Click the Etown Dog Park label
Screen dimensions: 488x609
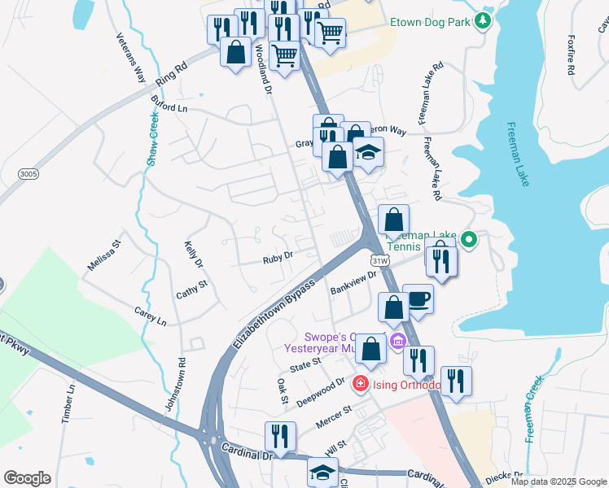[x=430, y=22]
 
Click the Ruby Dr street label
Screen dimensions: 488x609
[x=277, y=259]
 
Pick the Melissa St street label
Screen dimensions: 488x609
[x=103, y=255]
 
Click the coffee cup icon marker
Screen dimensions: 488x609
[x=418, y=298]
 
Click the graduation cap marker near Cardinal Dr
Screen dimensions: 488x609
[x=322, y=471]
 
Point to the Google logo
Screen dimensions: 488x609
[x=28, y=478]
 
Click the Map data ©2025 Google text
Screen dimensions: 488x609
[x=559, y=481]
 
